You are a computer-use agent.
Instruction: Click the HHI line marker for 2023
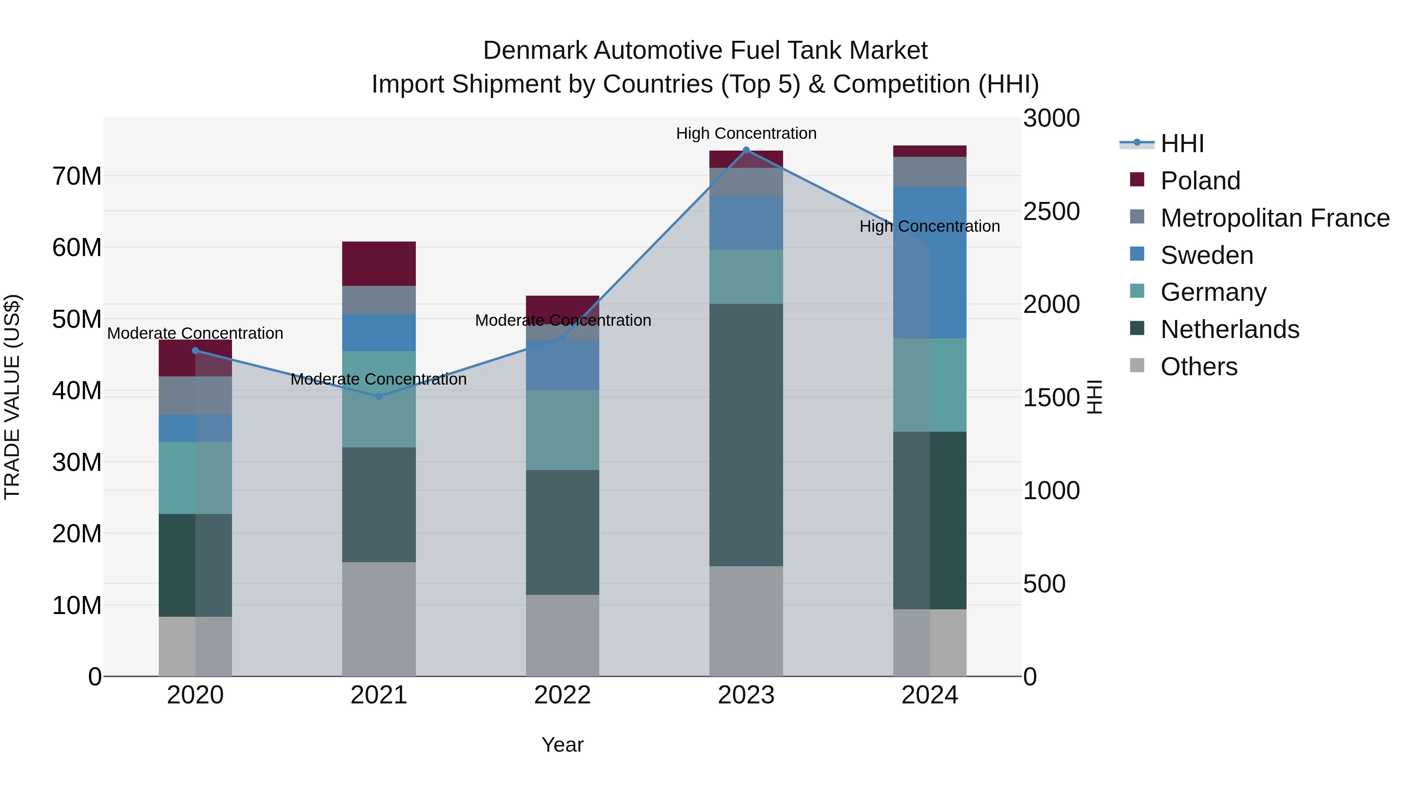point(746,150)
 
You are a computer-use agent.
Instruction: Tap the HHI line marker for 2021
point(379,396)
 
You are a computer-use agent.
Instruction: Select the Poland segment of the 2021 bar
point(379,263)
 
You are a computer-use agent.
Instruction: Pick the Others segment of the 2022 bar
point(562,635)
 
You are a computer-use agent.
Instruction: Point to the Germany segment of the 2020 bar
point(195,478)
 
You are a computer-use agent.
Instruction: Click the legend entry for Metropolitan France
point(1275,218)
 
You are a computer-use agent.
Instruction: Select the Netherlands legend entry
point(1230,329)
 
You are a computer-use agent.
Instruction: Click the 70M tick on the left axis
point(77,176)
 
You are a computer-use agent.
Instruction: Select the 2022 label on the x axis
point(562,695)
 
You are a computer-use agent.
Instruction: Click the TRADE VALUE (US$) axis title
point(12,397)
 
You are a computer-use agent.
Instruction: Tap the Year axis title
point(562,745)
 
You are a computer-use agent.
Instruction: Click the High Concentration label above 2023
point(746,133)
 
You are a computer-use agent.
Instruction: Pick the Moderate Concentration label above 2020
point(195,333)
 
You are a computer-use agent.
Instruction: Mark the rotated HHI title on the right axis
point(1094,397)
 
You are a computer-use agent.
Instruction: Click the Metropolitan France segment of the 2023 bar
point(746,182)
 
